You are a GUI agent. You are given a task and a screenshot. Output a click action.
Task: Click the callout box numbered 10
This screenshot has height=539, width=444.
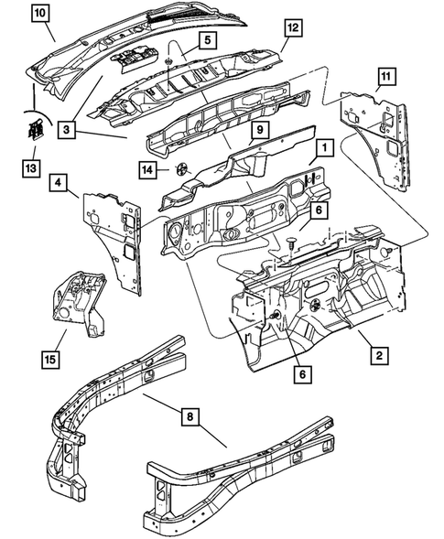pyautogui.click(x=41, y=13)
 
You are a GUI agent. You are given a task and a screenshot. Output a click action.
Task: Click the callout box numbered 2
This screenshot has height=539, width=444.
pyautogui.click(x=377, y=350)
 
